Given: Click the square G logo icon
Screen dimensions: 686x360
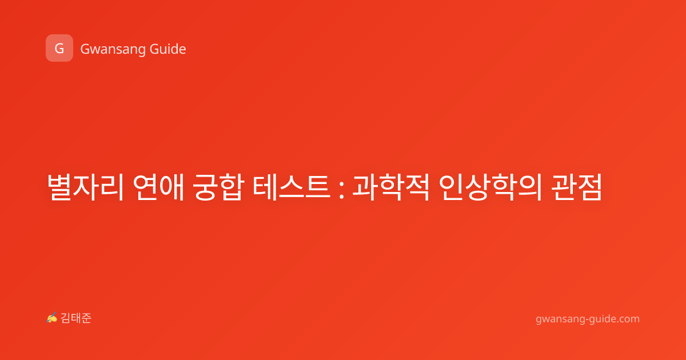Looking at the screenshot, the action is [x=59, y=48].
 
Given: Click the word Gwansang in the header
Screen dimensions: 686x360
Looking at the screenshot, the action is [x=113, y=50].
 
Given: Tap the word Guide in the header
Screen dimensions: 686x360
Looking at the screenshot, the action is [x=167, y=49].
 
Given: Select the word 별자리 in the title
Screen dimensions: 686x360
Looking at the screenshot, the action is [x=85, y=187].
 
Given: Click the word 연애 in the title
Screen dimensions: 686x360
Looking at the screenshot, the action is [x=158, y=187].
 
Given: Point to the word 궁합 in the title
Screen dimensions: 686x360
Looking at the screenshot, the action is [x=218, y=187].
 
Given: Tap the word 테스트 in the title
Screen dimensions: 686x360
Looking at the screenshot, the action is [x=291, y=187].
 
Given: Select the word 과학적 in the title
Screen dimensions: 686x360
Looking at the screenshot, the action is [x=391, y=187].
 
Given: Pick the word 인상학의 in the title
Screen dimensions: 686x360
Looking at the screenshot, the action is [x=490, y=187].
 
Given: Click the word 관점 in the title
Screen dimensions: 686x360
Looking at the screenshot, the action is [x=576, y=187].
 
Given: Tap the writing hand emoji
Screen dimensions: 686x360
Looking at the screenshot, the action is [x=52, y=318].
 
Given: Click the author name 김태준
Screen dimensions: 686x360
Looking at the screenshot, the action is [x=76, y=318].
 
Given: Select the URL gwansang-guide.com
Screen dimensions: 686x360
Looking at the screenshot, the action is [x=588, y=319].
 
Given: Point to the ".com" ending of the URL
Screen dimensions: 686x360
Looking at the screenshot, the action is [x=628, y=319].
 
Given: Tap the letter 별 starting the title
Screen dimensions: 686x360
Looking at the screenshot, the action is [x=59, y=187].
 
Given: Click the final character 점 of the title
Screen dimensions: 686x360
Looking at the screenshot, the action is [x=590, y=187].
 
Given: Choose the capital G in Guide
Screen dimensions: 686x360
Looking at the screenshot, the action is [x=155, y=49].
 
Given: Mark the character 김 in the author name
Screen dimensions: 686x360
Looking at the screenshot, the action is [x=66, y=318].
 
